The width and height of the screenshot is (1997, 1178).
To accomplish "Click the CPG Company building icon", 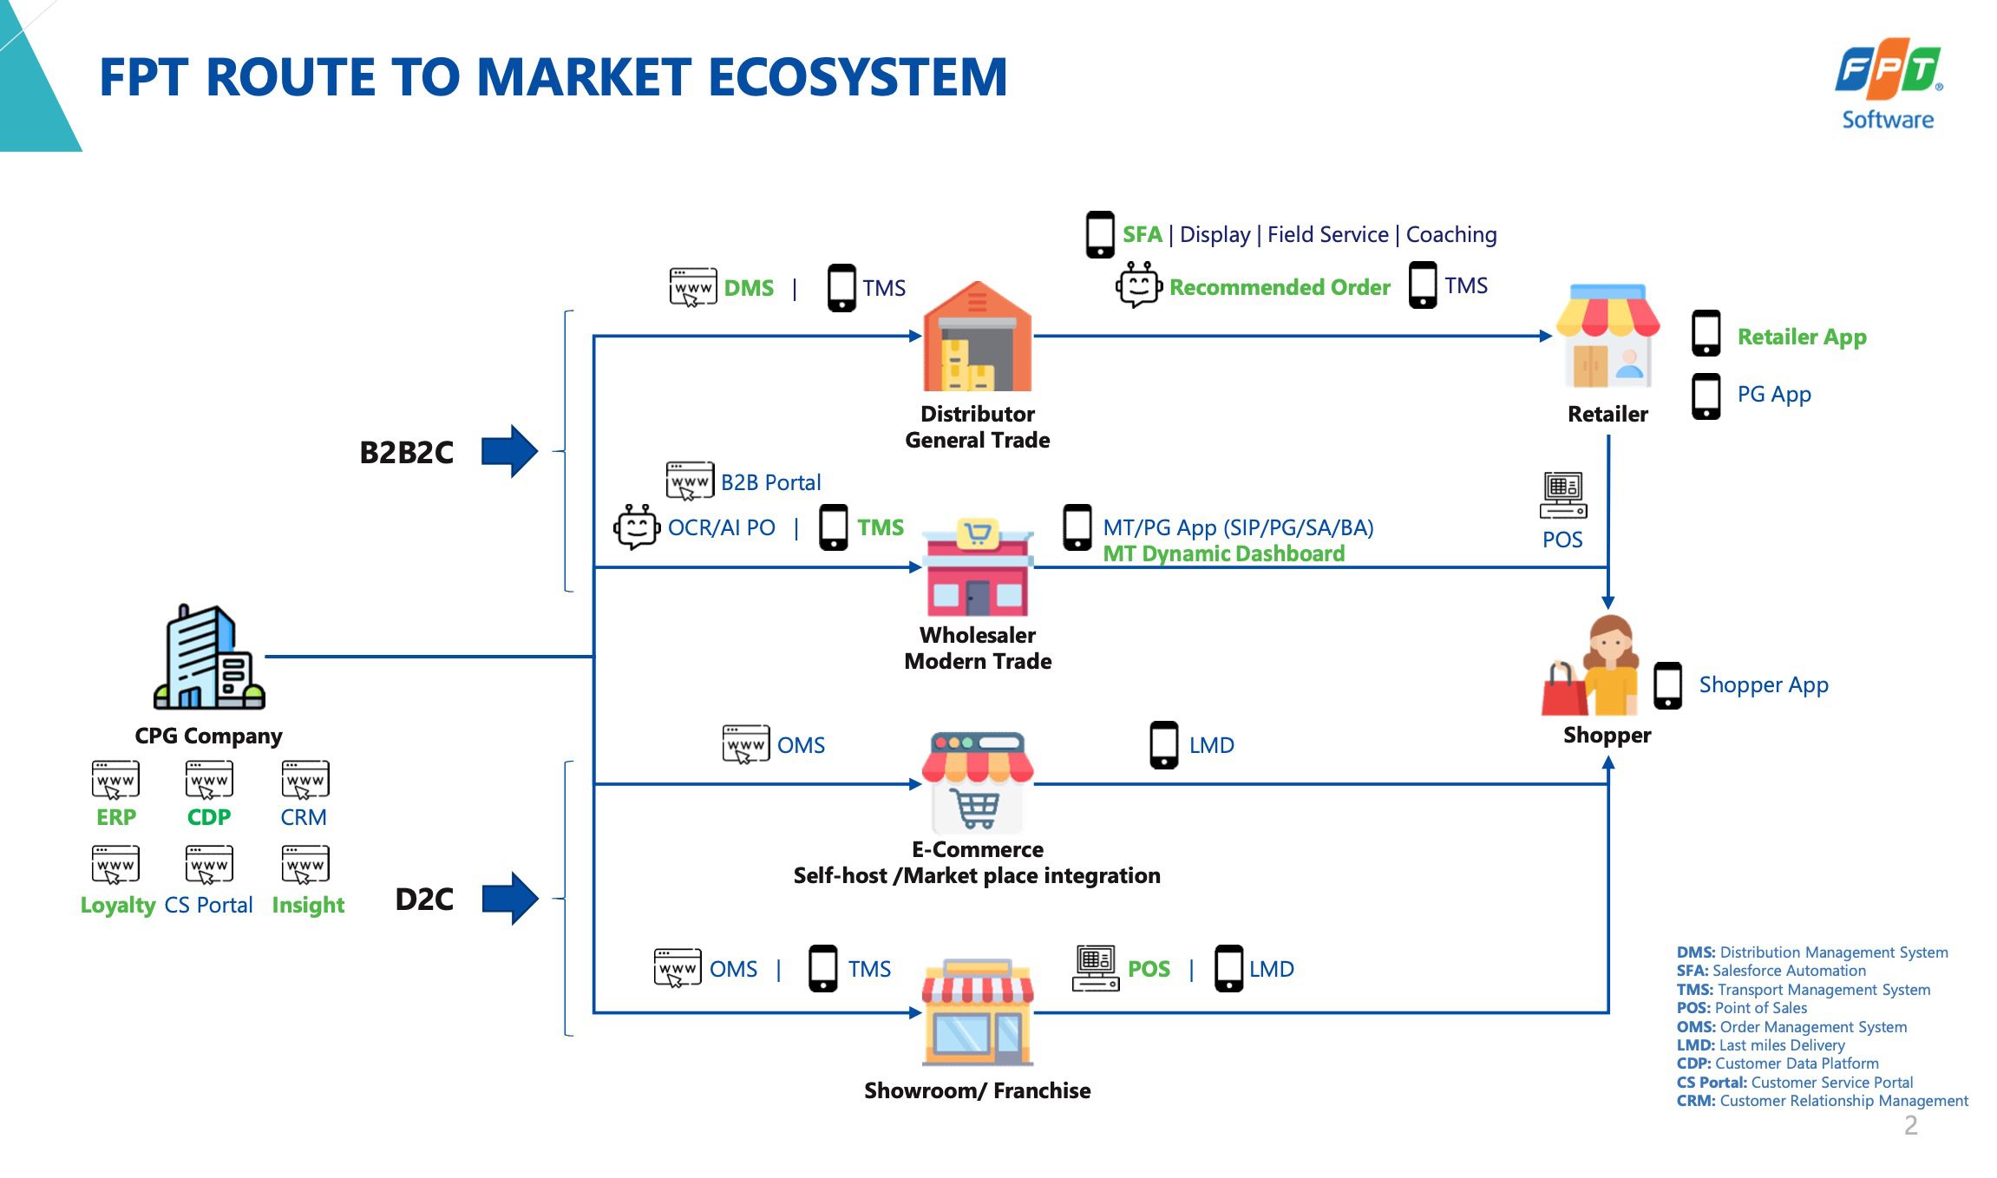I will [209, 658].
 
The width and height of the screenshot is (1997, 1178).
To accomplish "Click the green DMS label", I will [749, 288].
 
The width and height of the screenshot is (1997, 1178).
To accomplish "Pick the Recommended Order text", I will [1280, 287].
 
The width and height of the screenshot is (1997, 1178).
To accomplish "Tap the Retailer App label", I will [1802, 337].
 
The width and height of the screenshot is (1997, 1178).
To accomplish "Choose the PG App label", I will [1774, 395].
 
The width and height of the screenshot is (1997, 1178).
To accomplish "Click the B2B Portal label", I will [770, 482].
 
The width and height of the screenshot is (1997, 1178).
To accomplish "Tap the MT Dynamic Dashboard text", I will [1223, 553].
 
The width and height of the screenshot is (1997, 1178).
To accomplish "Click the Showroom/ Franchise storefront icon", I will [978, 1012].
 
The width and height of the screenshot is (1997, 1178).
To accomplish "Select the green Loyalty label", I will [118, 905].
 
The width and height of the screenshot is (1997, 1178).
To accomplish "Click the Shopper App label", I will [1764, 685].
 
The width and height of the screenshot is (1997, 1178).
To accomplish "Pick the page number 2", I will [1910, 1125].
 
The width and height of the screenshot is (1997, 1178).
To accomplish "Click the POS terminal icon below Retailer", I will [1563, 495].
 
